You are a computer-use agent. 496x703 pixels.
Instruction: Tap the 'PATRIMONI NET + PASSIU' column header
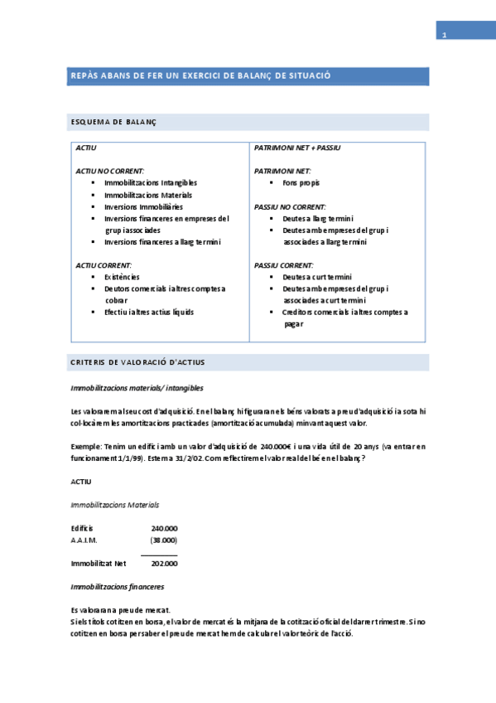297,148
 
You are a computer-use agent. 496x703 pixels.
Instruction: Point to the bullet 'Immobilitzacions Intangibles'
151,182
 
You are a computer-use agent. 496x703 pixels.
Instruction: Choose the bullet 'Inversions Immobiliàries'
144,206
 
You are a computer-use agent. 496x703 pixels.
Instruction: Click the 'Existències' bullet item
122,276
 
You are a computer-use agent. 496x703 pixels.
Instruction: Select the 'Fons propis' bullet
301,182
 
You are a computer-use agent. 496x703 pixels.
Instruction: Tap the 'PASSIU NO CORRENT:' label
290,206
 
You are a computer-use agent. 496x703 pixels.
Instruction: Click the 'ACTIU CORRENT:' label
104,265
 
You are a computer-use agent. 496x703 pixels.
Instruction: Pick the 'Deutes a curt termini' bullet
317,277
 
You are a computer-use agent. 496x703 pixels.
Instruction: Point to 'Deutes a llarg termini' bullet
318,219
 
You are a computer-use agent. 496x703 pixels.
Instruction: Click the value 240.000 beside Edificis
164,528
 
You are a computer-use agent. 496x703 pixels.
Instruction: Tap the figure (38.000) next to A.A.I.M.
164,540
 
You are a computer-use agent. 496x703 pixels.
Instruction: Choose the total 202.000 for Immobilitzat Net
164,564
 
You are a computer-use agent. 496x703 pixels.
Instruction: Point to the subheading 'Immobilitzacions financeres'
118,586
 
